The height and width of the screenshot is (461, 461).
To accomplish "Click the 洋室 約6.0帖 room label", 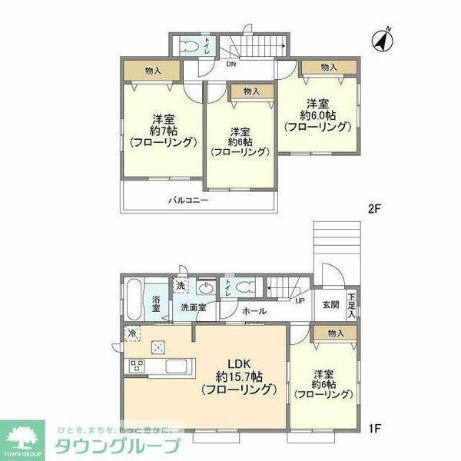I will tap(318, 114).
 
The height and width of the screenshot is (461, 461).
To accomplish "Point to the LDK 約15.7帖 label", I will tap(238, 376).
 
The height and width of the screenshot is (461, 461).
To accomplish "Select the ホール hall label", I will tap(254, 311).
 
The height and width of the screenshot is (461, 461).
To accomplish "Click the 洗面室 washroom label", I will tap(193, 307).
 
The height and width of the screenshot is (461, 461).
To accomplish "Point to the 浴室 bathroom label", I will tap(156, 304).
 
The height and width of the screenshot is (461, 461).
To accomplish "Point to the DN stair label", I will tap(230, 65).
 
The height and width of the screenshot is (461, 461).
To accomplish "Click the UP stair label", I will tap(300, 301).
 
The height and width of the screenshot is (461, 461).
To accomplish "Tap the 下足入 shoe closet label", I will tap(351, 305).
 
